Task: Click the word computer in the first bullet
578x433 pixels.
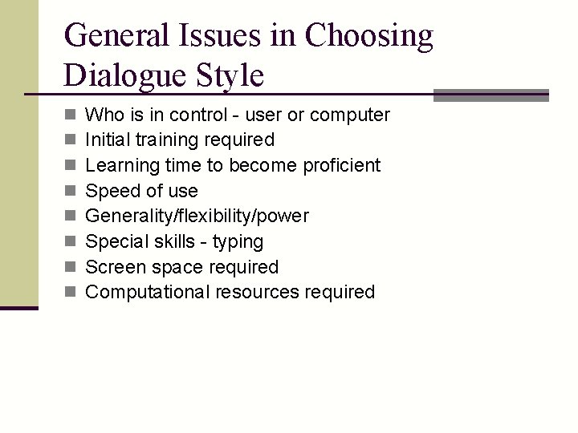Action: pos(349,115)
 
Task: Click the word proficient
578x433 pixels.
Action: pos(341,165)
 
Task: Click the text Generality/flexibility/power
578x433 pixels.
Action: pos(197,216)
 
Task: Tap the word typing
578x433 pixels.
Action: pos(238,242)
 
